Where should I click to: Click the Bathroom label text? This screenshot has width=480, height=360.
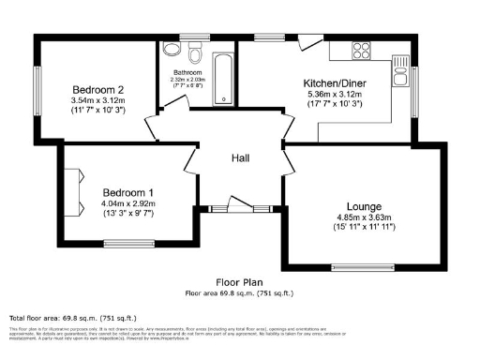tap(186, 72)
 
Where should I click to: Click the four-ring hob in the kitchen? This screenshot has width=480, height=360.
tap(362, 49)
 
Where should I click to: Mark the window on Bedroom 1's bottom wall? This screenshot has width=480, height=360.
tap(128, 244)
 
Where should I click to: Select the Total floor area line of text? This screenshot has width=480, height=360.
tap(58, 319)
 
